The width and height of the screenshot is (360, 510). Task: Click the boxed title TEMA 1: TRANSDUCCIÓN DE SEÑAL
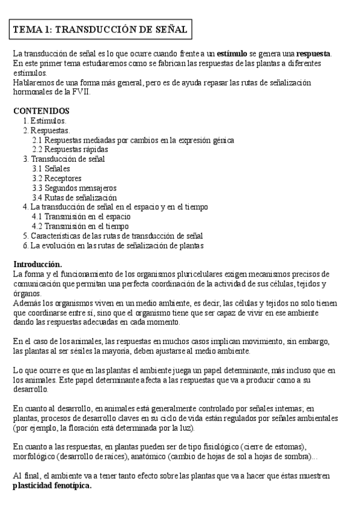100,29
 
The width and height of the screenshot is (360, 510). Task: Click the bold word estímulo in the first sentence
232,54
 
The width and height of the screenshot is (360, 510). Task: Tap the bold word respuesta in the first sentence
313,54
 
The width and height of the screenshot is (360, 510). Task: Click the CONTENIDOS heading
41,111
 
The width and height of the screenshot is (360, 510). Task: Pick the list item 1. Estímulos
44,121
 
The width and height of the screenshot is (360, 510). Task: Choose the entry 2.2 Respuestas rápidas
70,149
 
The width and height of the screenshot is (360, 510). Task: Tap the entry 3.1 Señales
51,168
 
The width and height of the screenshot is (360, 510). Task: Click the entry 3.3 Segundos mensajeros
75,188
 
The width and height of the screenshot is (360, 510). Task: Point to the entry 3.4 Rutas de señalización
75,197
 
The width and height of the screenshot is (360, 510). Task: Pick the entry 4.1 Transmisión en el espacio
81,217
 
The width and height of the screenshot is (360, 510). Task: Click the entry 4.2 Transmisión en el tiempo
80,226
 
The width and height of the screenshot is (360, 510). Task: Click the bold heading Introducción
37,265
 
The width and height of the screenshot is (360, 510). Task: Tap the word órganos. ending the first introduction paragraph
27,293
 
